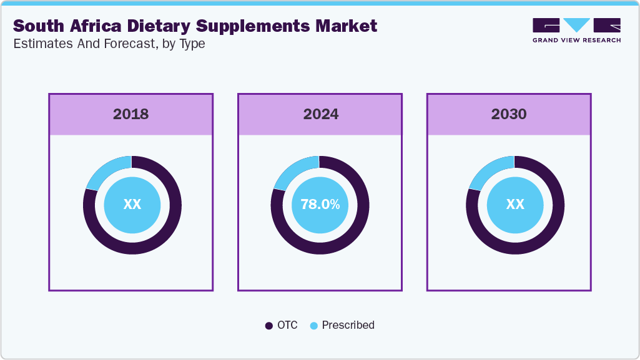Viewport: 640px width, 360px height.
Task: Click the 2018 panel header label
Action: (130, 114)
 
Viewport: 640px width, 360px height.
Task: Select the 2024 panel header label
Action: (320, 114)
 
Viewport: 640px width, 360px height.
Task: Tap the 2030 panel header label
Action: (508, 114)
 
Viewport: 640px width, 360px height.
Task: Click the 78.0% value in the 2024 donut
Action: (320, 205)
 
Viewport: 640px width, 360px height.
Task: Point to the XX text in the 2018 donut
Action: (132, 205)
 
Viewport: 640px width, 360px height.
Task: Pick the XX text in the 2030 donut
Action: (514, 205)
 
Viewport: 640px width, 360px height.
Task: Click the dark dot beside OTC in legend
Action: (269, 326)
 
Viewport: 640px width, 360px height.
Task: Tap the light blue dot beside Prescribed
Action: (314, 326)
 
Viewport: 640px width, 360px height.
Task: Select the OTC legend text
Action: (288, 325)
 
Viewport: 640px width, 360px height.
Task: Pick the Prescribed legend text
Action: (348, 325)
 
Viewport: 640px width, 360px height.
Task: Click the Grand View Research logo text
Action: (576, 41)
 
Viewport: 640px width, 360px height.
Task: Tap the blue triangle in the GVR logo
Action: (577, 25)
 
